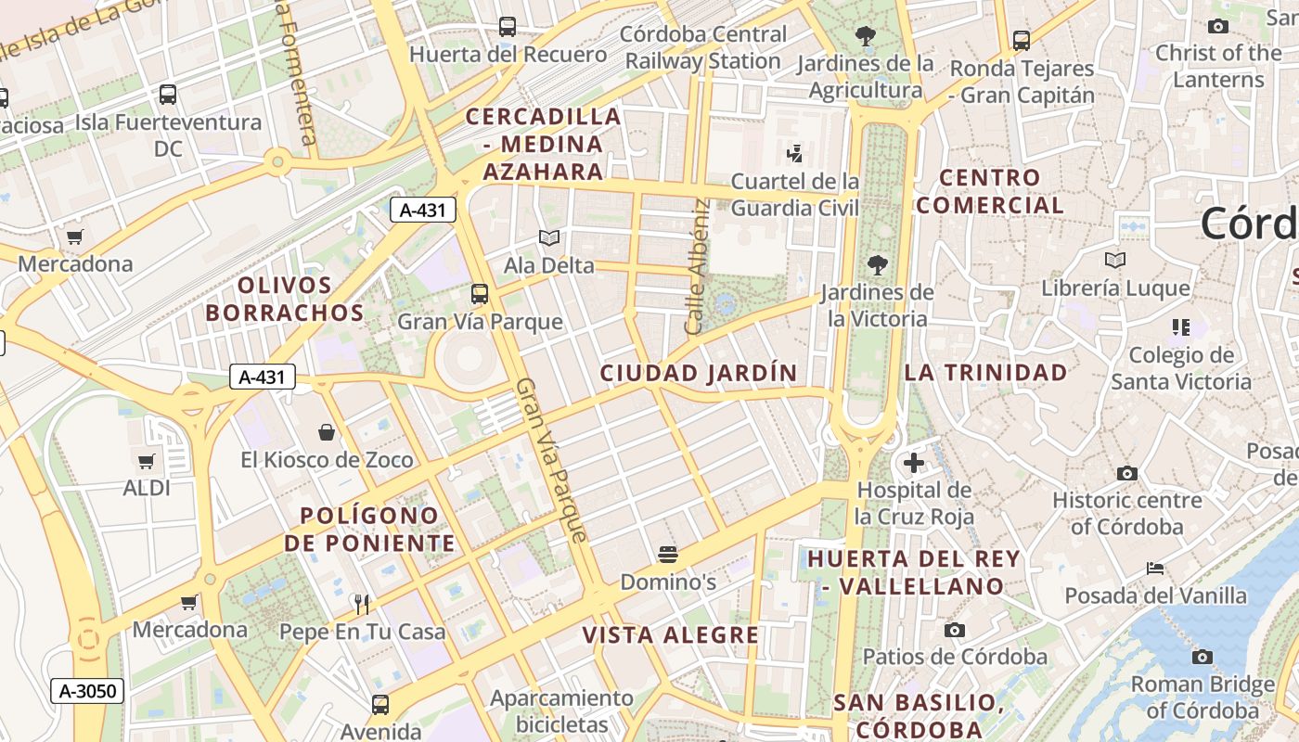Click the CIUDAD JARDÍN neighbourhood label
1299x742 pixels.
[698, 373]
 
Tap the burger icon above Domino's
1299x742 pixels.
[668, 555]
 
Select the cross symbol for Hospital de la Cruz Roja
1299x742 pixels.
[914, 462]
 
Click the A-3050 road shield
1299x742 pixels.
[87, 690]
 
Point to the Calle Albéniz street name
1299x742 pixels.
[697, 267]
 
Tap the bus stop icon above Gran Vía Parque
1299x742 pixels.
[480, 294]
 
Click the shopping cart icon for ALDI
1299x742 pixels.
[146, 461]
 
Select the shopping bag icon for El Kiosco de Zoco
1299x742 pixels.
[327, 432]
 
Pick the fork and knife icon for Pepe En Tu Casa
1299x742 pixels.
[363, 605]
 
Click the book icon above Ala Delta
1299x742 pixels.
[549, 238]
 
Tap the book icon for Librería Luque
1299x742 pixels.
[1115, 261]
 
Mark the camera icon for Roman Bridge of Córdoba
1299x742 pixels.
[1203, 657]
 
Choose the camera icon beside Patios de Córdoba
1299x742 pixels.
[954, 630]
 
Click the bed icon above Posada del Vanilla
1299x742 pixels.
[1155, 568]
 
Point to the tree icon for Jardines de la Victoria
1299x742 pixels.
[877, 265]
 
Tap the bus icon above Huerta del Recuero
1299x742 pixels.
[508, 26]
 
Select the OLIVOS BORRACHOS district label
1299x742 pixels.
[285, 299]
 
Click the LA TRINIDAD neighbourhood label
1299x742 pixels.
[985, 373]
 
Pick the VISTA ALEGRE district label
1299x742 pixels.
[671, 635]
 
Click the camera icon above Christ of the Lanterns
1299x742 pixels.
[1218, 26]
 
